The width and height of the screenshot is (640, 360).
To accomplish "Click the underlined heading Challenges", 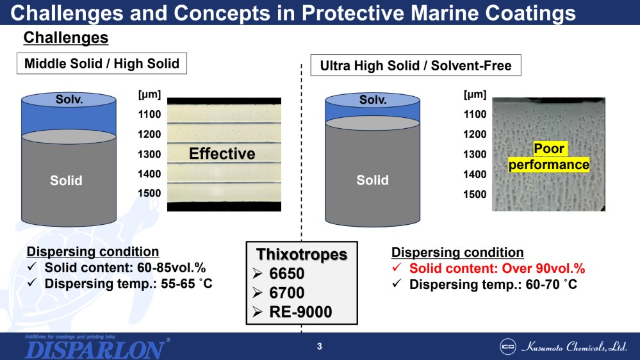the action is pos(66,38).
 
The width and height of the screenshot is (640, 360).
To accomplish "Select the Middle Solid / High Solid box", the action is pos(102,63).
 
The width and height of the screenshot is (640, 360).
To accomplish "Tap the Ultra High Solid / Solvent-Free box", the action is pos(416,65).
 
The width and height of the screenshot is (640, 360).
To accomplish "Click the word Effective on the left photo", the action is pos(222,154).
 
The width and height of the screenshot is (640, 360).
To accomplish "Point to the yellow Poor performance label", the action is pos(548,157).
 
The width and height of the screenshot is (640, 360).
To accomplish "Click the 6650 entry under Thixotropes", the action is pos(286,274).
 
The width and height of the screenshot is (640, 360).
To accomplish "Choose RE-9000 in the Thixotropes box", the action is pos(300,312).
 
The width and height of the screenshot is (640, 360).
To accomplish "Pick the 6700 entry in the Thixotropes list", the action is pos(286,293).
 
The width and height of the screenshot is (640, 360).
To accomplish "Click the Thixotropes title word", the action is pos(302,254).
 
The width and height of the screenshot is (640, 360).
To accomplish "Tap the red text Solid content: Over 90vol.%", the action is pos(497,268).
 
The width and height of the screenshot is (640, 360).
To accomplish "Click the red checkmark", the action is pos(397,268).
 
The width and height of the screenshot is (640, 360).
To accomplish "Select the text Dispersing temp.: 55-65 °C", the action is pos(129,284).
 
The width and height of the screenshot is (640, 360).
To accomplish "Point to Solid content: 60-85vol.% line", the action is pos(125,268).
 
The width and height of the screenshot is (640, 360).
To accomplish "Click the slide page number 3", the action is pos(319,347).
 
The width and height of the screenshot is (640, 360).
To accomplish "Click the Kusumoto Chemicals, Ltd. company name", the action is pos(574,347).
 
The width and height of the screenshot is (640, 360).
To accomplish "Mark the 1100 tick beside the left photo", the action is pos(149,114).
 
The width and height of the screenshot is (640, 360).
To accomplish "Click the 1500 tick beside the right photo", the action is pos(475,194).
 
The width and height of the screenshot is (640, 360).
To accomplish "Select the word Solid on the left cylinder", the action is pos(66,181).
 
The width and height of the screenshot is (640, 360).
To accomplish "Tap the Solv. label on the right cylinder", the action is pos(372,100).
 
